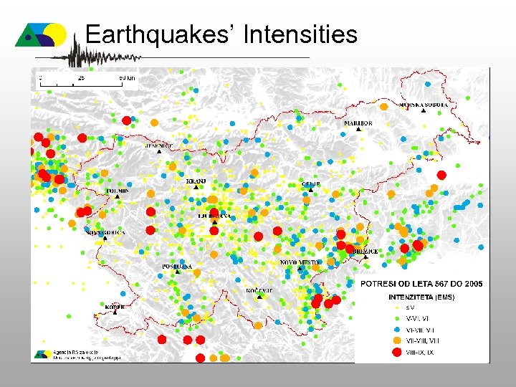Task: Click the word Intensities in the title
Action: tap(300, 34)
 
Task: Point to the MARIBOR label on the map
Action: tap(358, 123)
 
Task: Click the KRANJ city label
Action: tap(196, 181)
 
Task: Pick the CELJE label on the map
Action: tap(312, 184)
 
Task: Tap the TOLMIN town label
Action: tap(117, 191)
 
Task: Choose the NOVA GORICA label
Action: tap(105, 233)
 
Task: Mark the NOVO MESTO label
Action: tap(300, 263)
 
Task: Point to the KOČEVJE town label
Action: tap(259, 290)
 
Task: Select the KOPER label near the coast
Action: tap(115, 307)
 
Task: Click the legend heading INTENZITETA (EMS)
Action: tap(421, 297)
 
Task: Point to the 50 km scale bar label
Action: tap(127, 77)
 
